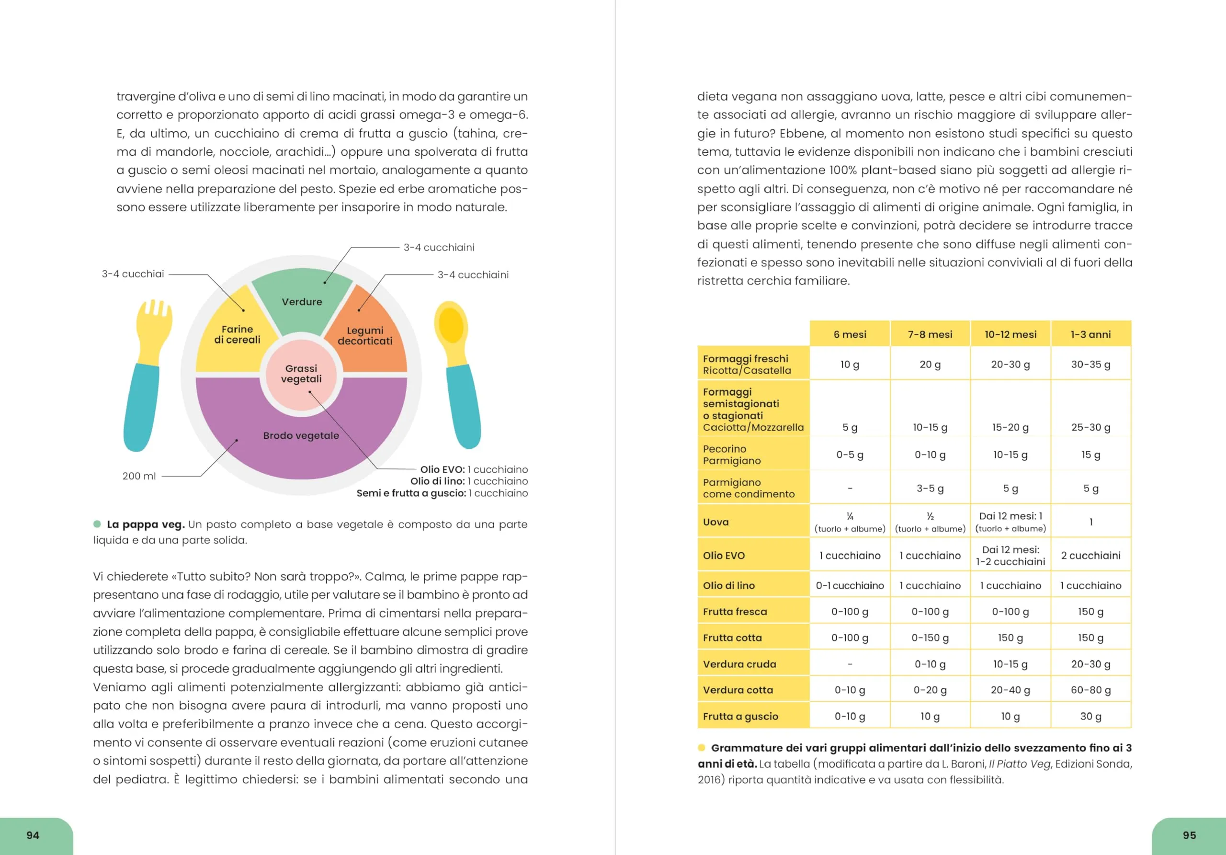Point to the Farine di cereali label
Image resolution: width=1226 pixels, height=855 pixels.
[x=238, y=335]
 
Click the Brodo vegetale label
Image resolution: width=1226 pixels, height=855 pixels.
[x=301, y=436]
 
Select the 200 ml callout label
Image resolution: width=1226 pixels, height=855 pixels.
[x=139, y=476]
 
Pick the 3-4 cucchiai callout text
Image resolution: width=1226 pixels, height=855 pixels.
[x=133, y=274]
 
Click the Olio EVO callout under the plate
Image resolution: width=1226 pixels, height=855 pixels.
[x=474, y=469]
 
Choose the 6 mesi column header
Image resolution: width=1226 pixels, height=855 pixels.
[x=850, y=334]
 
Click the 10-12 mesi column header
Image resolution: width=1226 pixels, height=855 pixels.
[x=1010, y=334]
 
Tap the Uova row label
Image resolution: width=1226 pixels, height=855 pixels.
[x=716, y=522]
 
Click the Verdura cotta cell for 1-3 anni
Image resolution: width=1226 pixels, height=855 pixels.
[x=1091, y=690]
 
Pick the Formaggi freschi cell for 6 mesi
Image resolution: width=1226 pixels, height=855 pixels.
[x=850, y=365]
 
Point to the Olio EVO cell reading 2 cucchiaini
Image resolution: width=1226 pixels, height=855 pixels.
[x=1091, y=556]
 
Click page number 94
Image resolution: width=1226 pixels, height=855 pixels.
[x=33, y=835]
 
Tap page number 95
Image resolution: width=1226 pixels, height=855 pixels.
[x=1189, y=835]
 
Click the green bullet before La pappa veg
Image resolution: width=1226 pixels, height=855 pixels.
[x=97, y=524]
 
